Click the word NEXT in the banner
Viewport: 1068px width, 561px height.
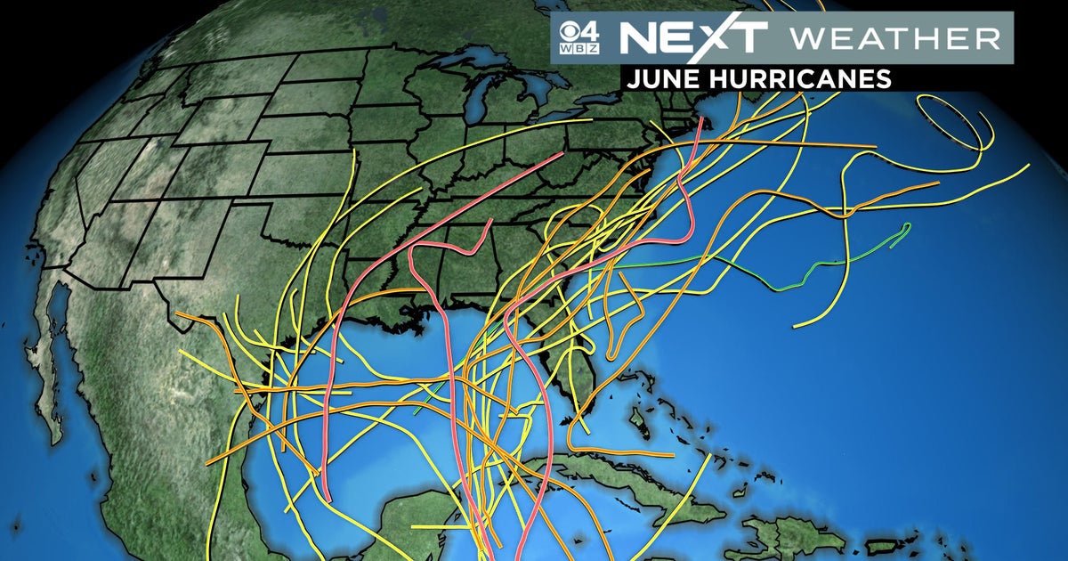click(692, 37)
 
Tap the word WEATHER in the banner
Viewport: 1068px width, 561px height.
click(894, 37)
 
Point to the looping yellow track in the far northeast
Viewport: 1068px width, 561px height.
click(957, 125)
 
